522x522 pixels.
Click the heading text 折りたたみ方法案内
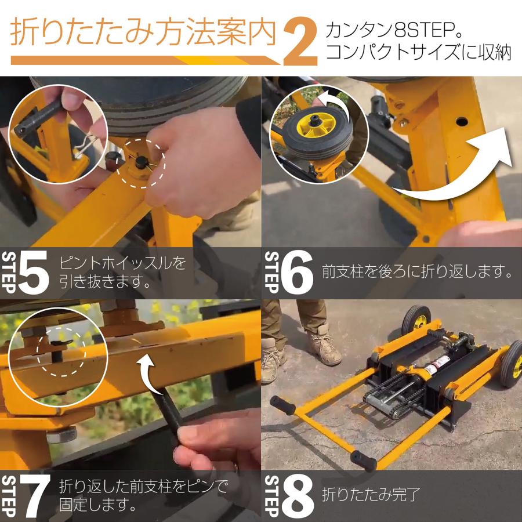pyautogui.click(x=143, y=34)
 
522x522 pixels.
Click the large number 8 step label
pyautogui.click(x=297, y=496)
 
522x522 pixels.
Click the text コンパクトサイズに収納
pyautogui.click(x=418, y=52)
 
